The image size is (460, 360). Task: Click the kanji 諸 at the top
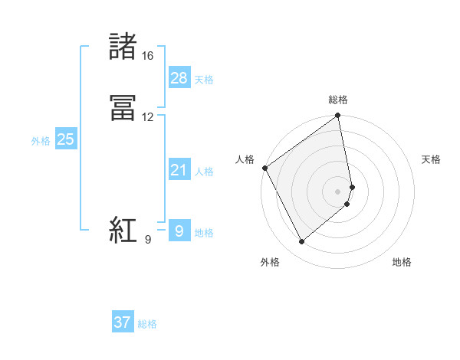tap(123, 47)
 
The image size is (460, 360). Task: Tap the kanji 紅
tap(123, 231)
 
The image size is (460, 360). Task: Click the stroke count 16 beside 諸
tap(147, 56)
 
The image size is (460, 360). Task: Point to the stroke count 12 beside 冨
tap(147, 117)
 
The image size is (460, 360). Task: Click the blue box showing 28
tap(179, 78)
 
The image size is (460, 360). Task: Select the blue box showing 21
tap(179, 170)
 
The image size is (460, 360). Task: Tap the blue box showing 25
tap(66, 139)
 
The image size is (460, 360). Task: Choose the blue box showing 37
tap(123, 322)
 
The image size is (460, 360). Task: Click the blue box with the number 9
tap(179, 231)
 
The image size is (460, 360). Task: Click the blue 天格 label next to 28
tap(204, 80)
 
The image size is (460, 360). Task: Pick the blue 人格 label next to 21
tap(204, 172)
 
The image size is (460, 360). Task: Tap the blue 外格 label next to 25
tap(41, 141)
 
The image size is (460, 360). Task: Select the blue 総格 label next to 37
tap(147, 324)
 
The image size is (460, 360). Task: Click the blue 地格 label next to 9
tap(204, 233)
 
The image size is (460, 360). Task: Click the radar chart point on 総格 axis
tap(338, 116)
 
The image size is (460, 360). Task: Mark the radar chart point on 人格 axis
tap(264, 168)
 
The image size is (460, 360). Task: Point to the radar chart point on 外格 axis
tap(302, 242)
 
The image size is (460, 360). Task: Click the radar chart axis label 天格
tap(431, 159)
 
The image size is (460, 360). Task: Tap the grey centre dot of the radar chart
tap(338, 191)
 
